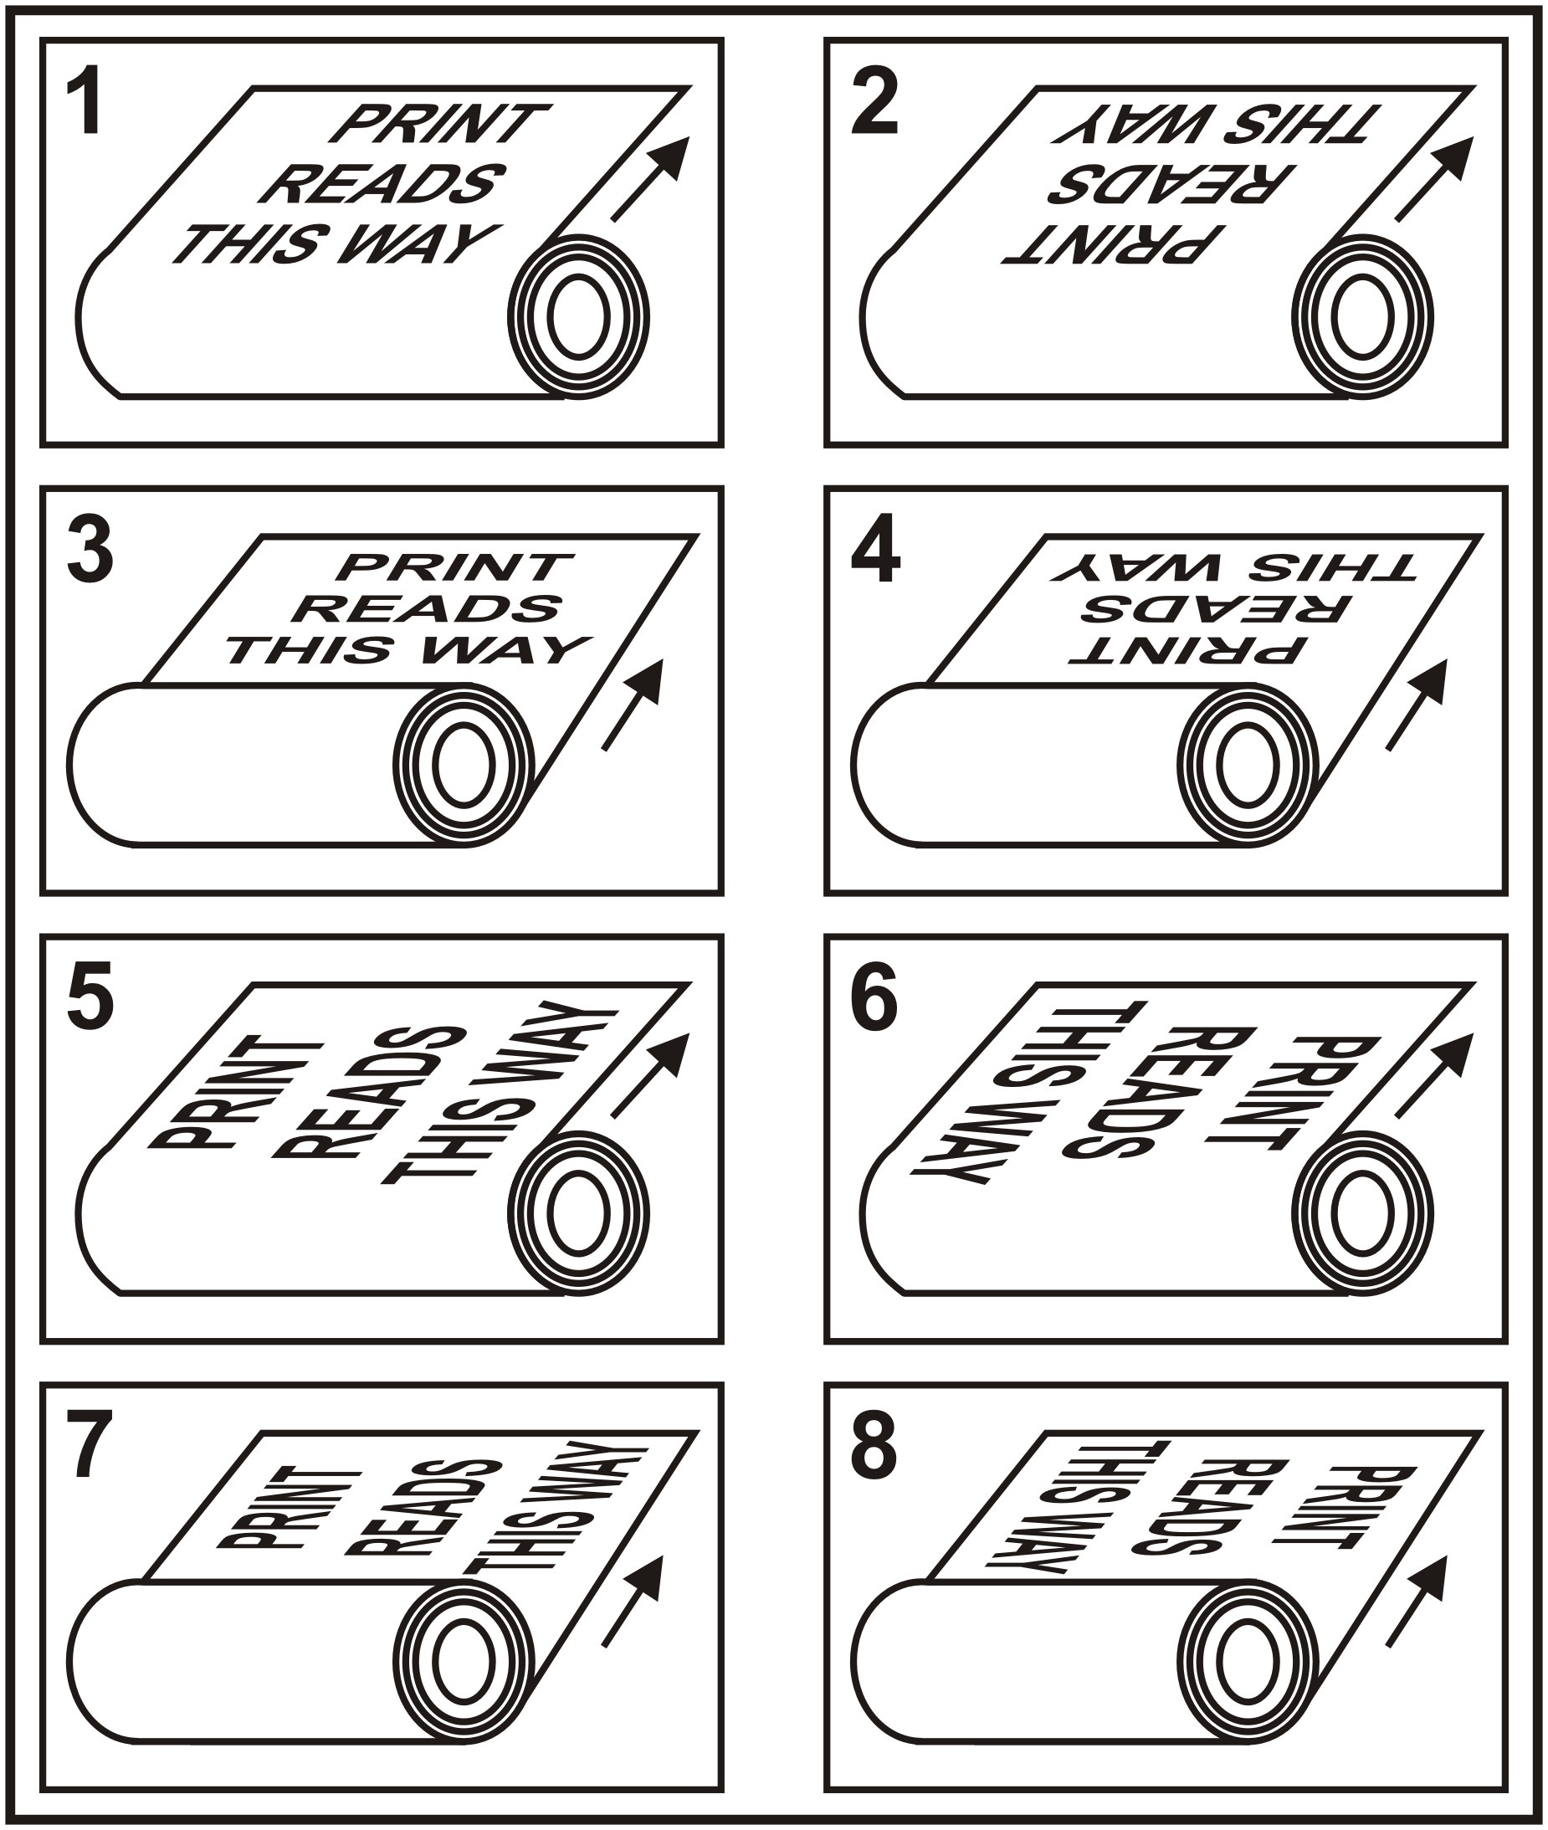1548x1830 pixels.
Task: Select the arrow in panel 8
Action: pyautogui.click(x=1417, y=1602)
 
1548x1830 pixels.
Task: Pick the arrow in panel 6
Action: pyautogui.click(x=1434, y=1074)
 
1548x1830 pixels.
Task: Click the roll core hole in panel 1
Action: pyautogui.click(x=579, y=317)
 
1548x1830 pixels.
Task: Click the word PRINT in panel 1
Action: pyautogui.click(x=438, y=124)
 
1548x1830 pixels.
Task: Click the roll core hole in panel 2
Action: pyautogui.click(x=1363, y=317)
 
